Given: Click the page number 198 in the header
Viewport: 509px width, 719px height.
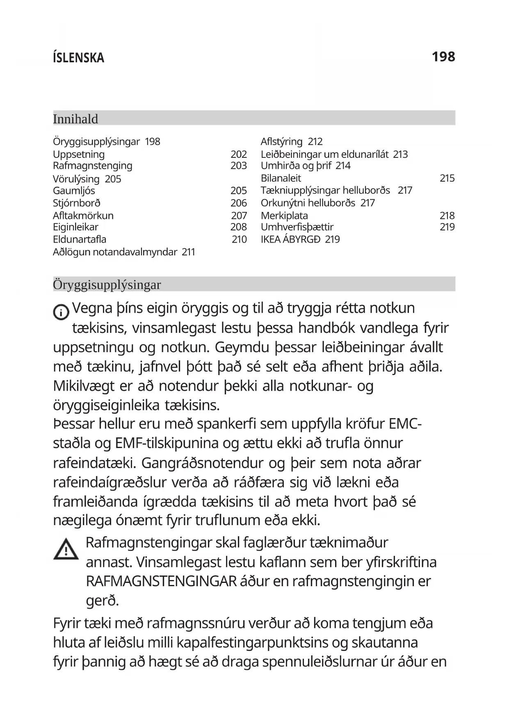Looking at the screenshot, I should [x=443, y=57].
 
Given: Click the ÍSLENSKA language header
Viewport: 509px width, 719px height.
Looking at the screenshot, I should [x=78, y=58].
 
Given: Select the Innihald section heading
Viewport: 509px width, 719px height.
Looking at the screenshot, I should [x=75, y=119].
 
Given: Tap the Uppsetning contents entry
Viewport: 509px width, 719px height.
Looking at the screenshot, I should [x=79, y=154].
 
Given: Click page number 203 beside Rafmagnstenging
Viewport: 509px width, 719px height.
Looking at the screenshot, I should [x=238, y=166].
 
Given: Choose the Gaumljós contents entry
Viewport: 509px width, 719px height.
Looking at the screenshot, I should [x=74, y=191].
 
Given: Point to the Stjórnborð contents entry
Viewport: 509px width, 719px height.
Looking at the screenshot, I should [x=77, y=203].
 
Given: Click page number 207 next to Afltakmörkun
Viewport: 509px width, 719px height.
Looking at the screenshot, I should [x=239, y=216].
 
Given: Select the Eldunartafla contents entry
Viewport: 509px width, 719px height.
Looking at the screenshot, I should [x=80, y=239].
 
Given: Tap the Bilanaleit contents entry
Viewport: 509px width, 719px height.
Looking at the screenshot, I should [x=281, y=178].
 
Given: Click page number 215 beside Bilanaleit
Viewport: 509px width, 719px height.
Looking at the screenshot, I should [x=447, y=178].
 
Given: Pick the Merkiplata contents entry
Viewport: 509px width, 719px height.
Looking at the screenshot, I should [x=284, y=216].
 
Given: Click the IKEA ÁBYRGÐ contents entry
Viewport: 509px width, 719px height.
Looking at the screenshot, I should [x=290, y=239].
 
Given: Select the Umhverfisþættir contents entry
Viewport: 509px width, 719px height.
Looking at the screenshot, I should [x=297, y=227].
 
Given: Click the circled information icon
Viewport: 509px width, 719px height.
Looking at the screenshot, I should [x=61, y=312].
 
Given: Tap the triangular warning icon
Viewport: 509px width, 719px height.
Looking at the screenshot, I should [x=66, y=549].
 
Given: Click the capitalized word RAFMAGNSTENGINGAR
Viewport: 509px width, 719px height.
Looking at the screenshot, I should [x=161, y=581].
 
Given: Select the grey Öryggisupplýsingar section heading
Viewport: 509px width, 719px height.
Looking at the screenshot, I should [x=107, y=284].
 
